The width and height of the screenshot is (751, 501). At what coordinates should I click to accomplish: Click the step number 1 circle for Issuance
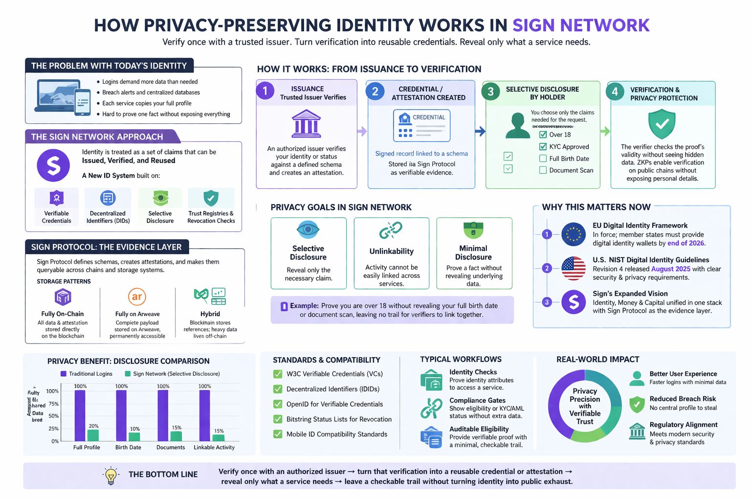click(265, 91)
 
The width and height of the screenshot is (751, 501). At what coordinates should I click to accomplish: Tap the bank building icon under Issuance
click(306, 124)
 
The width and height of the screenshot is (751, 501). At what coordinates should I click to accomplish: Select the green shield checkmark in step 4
click(662, 124)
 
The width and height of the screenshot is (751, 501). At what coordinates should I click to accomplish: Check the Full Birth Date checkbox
click(543, 159)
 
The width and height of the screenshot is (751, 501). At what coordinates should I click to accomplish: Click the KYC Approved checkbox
click(543, 147)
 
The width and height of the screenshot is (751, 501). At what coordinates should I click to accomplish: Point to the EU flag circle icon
click(574, 234)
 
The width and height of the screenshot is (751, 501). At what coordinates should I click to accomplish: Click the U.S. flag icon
click(574, 268)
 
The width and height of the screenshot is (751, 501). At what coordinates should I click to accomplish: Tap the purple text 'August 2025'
click(670, 269)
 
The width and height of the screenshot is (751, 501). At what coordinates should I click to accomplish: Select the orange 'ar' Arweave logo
click(137, 296)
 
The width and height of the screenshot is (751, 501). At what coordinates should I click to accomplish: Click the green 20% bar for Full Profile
click(93, 435)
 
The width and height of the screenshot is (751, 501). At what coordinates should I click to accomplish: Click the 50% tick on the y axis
click(53, 416)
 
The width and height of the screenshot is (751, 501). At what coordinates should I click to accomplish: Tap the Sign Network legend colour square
click(128, 374)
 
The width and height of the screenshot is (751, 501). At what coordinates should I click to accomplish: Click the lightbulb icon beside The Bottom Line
click(111, 475)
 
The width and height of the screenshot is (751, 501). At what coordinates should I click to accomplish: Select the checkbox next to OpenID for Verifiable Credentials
click(278, 404)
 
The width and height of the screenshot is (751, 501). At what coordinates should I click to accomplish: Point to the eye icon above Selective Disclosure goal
click(308, 229)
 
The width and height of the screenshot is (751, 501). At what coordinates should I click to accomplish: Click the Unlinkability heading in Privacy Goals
click(391, 251)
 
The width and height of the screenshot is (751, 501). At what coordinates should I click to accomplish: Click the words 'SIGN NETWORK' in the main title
click(581, 25)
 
